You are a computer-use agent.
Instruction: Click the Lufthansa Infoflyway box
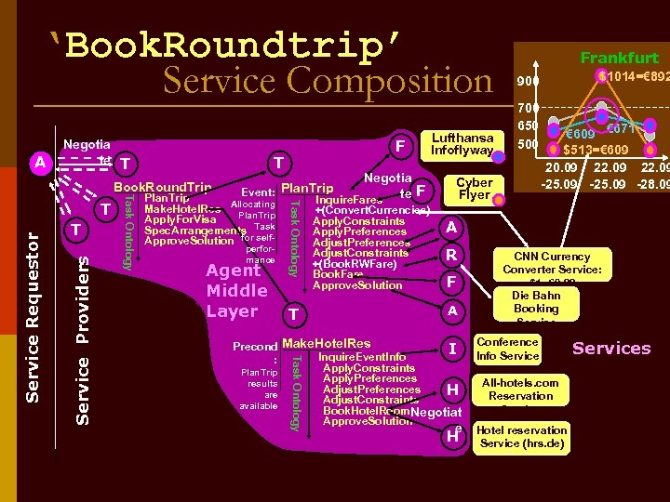point(462,144)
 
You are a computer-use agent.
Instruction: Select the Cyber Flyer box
point(474,189)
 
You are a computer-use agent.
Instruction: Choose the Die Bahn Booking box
point(536,304)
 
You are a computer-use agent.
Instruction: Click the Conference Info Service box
point(507,349)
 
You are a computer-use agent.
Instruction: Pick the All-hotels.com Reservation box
point(520,390)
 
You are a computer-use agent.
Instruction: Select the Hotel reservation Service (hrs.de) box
point(521,436)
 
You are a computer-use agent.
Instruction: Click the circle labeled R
point(451,256)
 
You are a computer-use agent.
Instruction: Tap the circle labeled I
point(451,349)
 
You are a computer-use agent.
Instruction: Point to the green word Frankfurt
point(619,58)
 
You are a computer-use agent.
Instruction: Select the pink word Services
point(611,349)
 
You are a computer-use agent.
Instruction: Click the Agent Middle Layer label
point(236,290)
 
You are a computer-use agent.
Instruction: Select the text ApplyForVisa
point(178,219)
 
